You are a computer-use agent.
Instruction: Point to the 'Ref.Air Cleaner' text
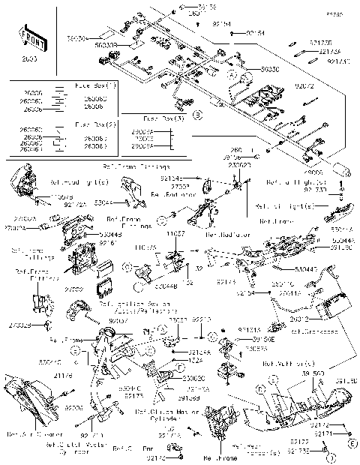25,434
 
